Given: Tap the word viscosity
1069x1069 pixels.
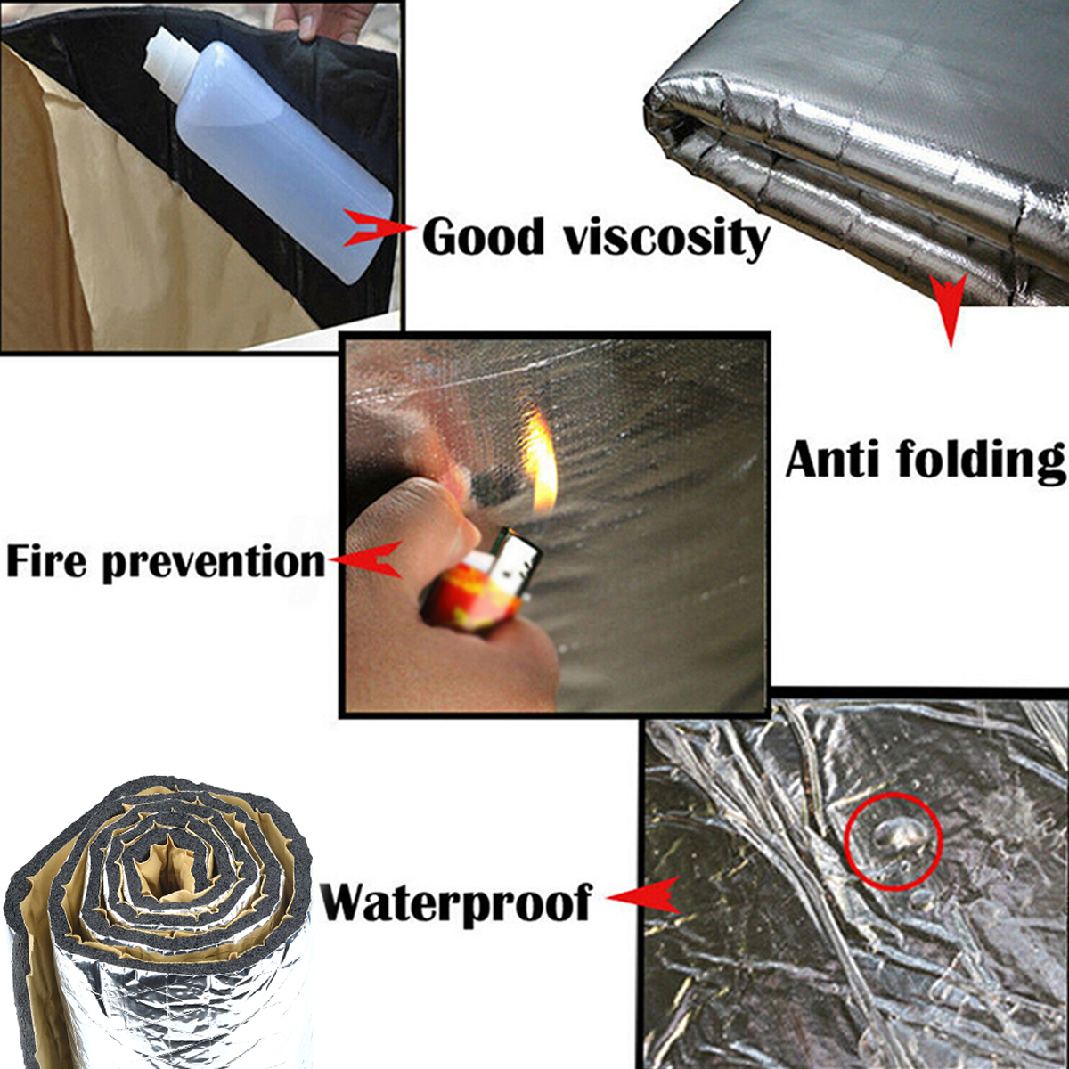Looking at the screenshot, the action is [x=667, y=240].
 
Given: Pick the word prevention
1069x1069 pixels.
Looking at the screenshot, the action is [x=214, y=564].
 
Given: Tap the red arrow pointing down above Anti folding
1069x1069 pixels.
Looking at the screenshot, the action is [x=951, y=308].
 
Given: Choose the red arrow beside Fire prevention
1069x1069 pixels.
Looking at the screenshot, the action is [x=366, y=559].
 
